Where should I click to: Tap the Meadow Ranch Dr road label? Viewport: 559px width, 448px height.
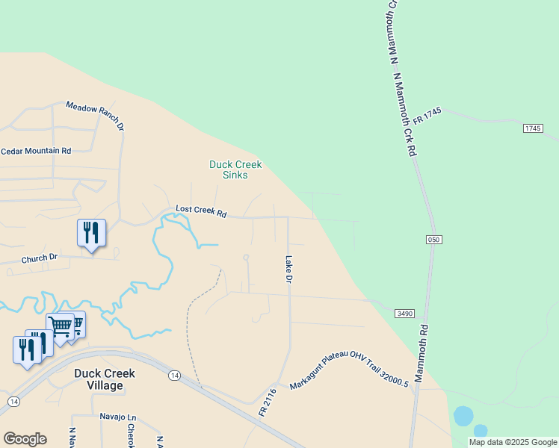(x=95, y=117)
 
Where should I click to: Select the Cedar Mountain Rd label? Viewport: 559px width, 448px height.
(x=36, y=151)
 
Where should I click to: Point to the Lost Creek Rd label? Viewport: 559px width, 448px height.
(x=201, y=212)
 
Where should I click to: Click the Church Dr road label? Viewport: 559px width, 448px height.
(x=40, y=258)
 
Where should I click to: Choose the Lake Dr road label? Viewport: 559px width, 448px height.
(x=288, y=270)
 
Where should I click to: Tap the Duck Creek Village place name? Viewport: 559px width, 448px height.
(x=98, y=379)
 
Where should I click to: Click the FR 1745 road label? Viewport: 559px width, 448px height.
(x=427, y=121)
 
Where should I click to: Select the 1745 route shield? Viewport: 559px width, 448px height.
(x=532, y=128)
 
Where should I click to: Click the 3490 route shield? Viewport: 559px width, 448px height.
(x=405, y=314)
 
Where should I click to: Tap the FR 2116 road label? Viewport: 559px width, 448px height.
(x=268, y=401)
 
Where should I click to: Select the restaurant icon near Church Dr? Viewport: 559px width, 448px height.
(x=91, y=233)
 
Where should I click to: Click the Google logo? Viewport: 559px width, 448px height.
(x=25, y=439)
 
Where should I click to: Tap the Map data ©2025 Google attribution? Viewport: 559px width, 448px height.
(x=513, y=442)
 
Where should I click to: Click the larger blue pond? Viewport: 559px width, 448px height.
(x=463, y=416)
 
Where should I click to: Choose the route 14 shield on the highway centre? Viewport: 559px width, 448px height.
(x=173, y=374)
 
